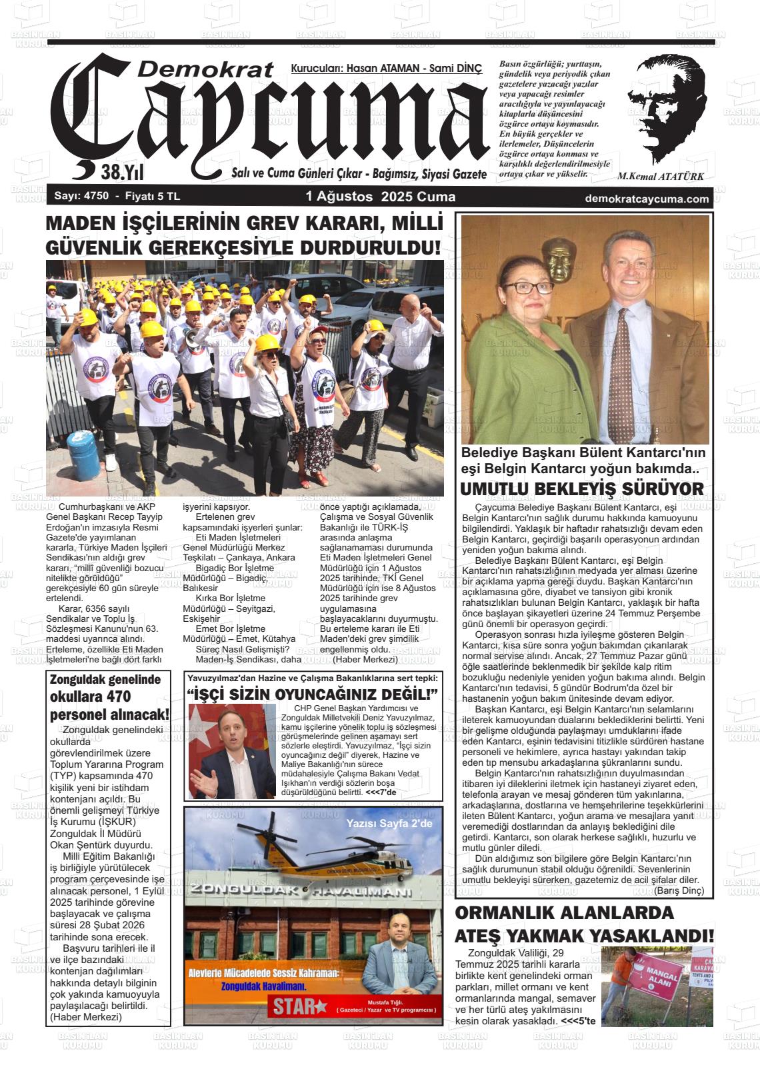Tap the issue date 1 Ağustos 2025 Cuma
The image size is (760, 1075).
click(380, 197)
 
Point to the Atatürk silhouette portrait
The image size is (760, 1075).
click(667, 107)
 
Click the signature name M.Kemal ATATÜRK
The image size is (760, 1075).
click(660, 177)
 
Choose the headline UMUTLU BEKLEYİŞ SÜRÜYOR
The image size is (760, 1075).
click(582, 489)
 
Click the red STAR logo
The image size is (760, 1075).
click(299, 1006)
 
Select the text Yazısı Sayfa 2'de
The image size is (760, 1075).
click(389, 824)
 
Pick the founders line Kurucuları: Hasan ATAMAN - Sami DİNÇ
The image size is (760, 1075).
click(386, 68)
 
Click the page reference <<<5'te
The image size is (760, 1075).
click(578, 1020)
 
